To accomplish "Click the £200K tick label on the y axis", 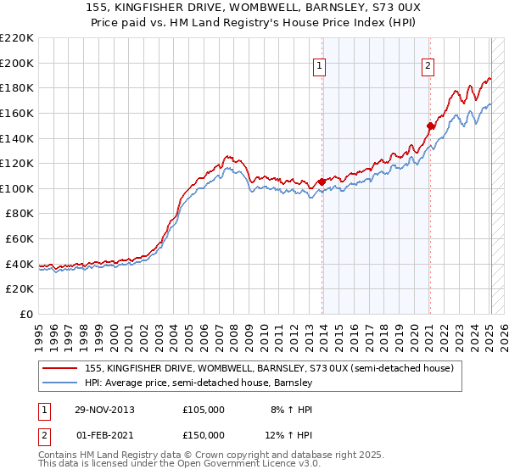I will pos(17,63).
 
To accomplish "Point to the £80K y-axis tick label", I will pos(20,214).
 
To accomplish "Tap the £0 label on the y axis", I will pos(25,314).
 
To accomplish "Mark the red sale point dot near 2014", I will pos(322,182).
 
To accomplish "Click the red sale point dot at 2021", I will pos(430,126).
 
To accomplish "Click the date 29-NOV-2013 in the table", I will pos(105,409).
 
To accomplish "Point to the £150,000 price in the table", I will pos(204,435).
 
